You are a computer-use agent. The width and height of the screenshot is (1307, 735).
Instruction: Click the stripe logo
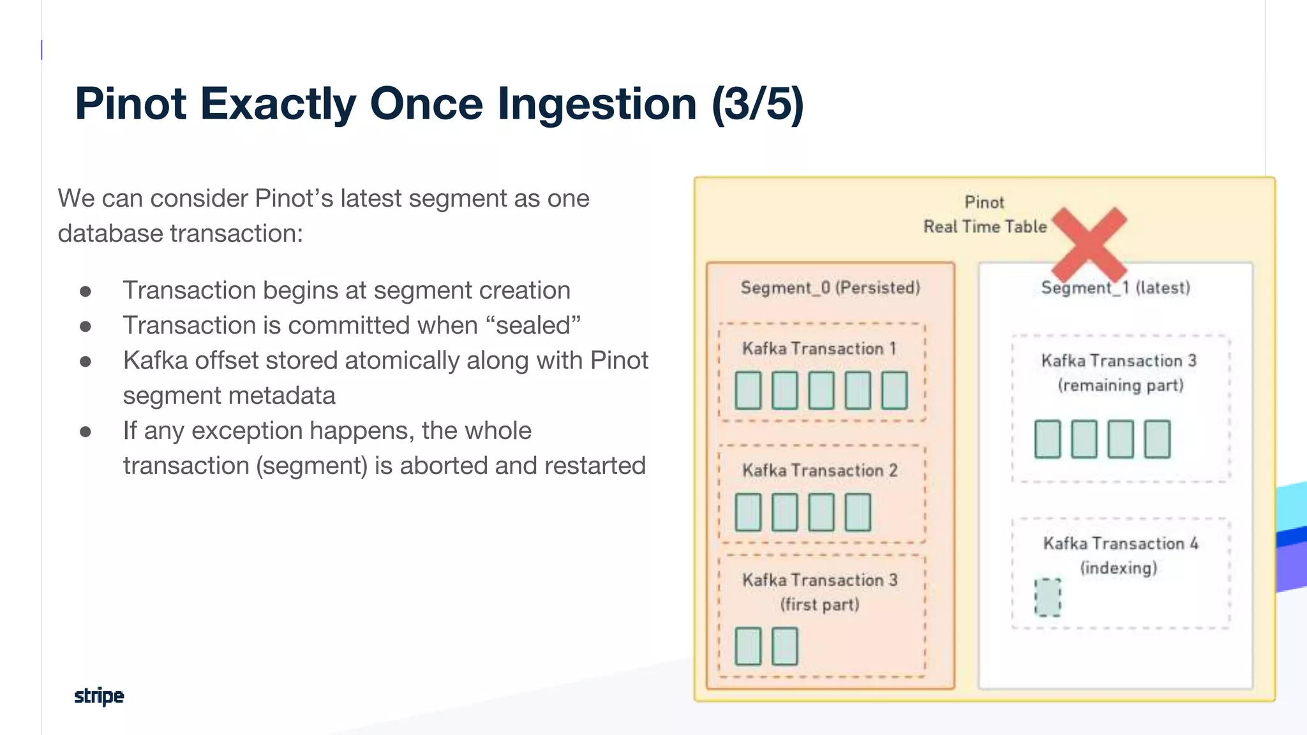point(99,695)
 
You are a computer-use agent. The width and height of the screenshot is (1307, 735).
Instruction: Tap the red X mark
point(1089,244)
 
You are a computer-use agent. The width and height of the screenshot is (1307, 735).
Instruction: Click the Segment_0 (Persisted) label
point(830,288)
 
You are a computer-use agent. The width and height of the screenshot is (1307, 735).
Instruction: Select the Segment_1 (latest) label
point(1116,288)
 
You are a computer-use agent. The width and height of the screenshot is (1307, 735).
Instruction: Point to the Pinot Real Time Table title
point(985,214)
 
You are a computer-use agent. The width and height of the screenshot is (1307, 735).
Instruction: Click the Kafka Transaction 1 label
point(819,348)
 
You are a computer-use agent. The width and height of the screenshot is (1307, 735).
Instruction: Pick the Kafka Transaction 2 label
point(819,470)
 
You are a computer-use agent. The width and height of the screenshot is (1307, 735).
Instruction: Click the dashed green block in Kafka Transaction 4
point(1047,597)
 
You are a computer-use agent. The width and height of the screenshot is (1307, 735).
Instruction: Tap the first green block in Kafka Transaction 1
point(748,390)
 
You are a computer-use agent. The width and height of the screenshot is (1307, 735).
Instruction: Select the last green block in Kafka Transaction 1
point(894,390)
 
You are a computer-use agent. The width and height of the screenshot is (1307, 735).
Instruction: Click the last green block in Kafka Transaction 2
point(858,512)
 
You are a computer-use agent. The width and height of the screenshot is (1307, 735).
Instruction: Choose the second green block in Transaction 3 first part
point(784,646)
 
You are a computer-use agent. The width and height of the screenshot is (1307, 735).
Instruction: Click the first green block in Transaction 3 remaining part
point(1047,439)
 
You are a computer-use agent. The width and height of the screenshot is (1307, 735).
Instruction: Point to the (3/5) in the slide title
point(758,104)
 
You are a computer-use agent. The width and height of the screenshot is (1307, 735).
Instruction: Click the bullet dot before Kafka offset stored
point(86,361)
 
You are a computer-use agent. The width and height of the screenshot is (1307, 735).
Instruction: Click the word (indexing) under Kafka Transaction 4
point(1118,568)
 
